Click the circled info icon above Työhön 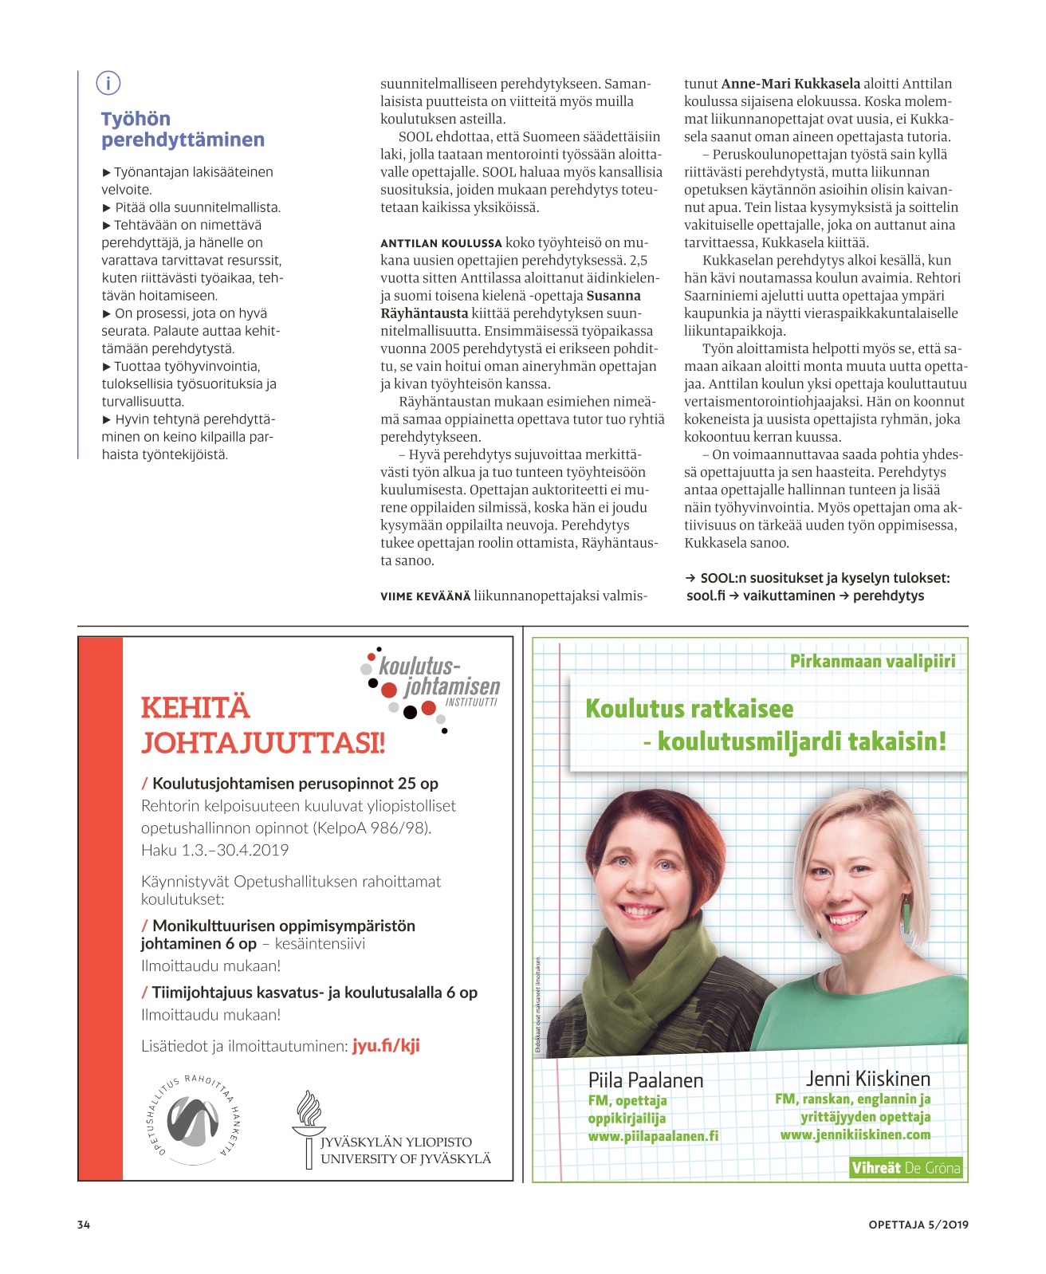coord(108,83)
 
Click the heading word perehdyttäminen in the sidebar coord(183,140)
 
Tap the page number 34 coord(84,1225)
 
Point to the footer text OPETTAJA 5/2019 coord(918,1225)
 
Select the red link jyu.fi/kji coord(386,1045)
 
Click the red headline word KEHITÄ coord(195,708)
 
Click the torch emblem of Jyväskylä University coord(309,1128)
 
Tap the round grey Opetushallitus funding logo coord(192,1119)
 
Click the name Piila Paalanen coord(646,1080)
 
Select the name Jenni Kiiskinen coord(868,1079)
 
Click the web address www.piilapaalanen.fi coord(653,1136)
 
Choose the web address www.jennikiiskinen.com coord(855,1134)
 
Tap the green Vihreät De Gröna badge coord(906,1168)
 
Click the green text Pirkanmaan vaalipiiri coord(872,661)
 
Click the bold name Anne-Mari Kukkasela coord(790,84)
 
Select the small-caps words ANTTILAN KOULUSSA coord(441,243)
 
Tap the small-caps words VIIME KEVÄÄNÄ coord(425,596)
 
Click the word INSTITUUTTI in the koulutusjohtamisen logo coord(471,703)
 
